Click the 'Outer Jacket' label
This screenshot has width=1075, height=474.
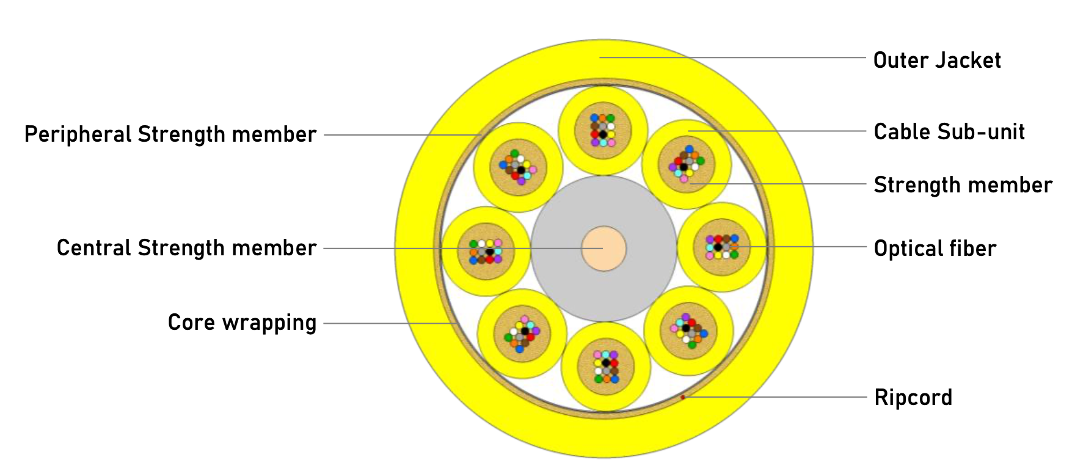937,60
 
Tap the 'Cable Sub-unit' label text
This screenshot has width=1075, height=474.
949,132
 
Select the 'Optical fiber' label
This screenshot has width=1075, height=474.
935,249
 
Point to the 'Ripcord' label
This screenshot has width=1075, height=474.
913,398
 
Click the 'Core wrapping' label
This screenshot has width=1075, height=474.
242,323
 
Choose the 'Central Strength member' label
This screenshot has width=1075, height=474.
186,248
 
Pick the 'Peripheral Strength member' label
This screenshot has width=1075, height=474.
170,134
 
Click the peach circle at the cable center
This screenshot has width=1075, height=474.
603,249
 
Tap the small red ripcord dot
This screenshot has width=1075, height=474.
683,397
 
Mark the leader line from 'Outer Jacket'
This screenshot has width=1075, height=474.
733,57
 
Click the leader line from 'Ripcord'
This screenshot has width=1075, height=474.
776,397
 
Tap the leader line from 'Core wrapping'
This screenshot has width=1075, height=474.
391,323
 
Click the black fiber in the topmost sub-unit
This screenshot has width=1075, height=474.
603,134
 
